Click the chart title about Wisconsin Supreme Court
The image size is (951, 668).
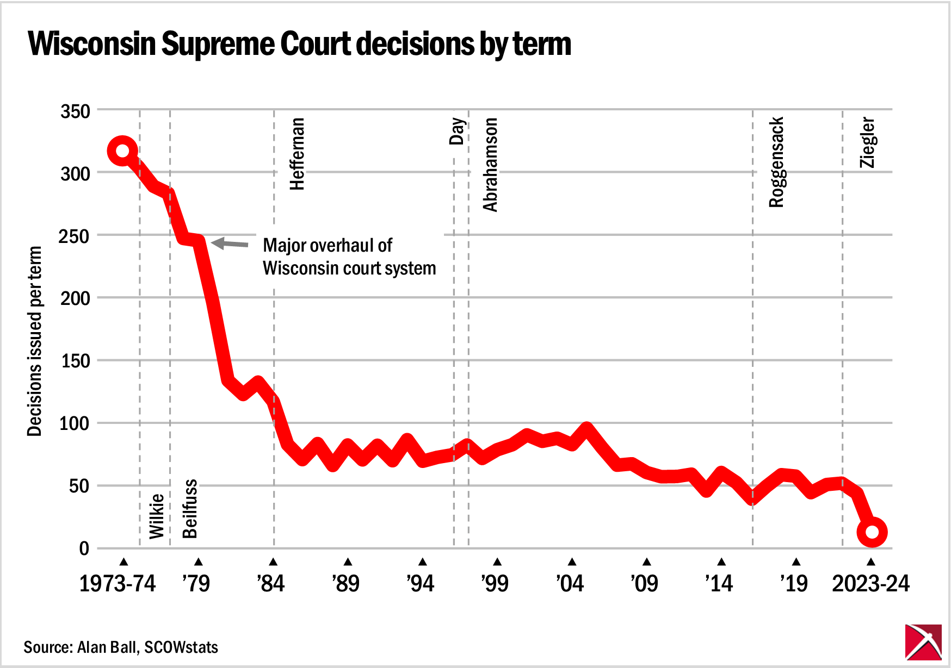click(299, 43)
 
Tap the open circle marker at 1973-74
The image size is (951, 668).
click(122, 151)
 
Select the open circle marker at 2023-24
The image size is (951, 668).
click(872, 532)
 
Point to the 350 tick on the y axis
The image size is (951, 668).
click(75, 111)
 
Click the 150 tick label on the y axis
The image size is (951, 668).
click(75, 361)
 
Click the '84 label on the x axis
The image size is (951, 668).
click(271, 584)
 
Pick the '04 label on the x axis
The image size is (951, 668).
click(570, 584)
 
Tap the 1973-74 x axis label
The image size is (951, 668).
click(118, 584)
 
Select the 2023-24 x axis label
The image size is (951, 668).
click(870, 584)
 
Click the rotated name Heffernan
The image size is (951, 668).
click(297, 154)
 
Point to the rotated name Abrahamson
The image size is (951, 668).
click(490, 164)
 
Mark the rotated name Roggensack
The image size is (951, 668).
click(776, 162)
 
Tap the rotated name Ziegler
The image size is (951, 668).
click(867, 142)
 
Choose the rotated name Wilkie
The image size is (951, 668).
click(157, 516)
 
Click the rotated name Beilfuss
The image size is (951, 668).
click(190, 509)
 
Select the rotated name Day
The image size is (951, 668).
click(457, 131)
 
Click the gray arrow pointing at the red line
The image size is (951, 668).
click(229, 244)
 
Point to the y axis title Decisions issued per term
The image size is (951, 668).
click(34, 341)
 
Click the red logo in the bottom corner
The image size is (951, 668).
click(923, 642)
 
